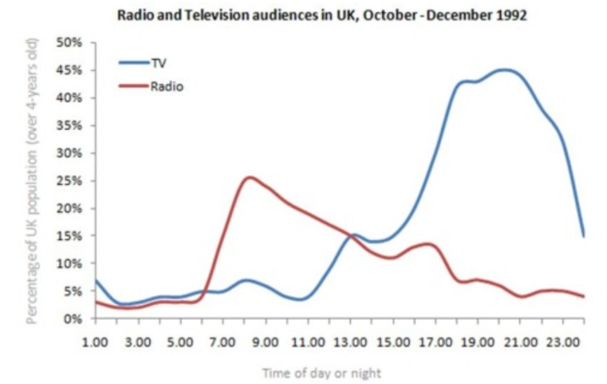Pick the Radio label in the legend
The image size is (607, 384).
click(165, 85)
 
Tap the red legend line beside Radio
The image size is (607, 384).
click(131, 85)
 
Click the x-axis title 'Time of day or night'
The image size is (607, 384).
click(322, 372)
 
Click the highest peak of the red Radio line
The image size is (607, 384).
click(248, 177)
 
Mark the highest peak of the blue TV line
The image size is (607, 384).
click(503, 70)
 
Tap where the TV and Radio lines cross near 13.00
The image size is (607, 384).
click(351, 236)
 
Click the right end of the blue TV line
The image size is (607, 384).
click(584, 236)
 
